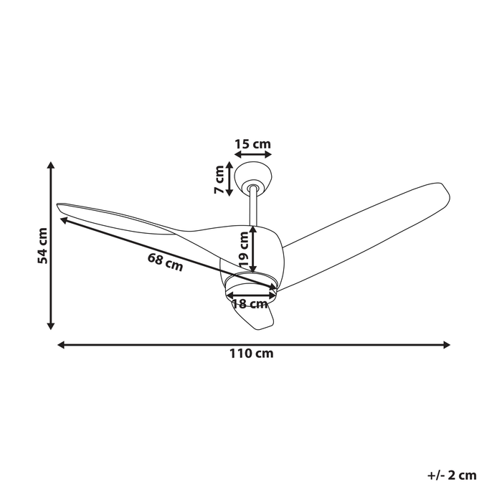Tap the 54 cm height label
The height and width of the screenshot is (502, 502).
[44, 246]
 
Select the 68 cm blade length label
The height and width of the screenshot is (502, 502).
[166, 262]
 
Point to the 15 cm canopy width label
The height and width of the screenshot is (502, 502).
[252, 144]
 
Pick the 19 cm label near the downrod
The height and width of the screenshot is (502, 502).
[244, 249]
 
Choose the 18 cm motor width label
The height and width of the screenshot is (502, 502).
[250, 304]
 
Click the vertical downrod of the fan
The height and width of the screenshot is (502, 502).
[254, 207]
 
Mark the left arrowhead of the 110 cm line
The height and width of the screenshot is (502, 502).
[62, 345]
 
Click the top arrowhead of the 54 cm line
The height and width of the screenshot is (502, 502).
[51, 166]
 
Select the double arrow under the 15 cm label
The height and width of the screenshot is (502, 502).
[252, 154]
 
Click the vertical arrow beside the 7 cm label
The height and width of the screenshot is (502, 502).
[229, 179]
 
